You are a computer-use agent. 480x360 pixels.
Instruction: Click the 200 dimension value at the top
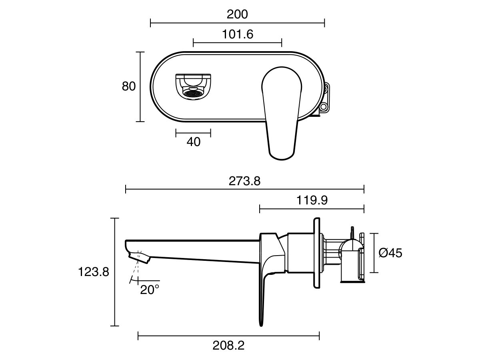pyautogui.click(x=237, y=14)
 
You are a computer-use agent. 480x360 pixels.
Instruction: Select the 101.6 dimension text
pyautogui.click(x=238, y=34)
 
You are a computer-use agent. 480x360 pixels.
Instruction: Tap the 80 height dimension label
pyautogui.click(x=129, y=86)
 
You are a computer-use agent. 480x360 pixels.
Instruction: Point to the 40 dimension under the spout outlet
pyautogui.click(x=194, y=142)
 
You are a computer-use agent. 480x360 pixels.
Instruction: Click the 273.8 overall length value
pyautogui.click(x=245, y=181)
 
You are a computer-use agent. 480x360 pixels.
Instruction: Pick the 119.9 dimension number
pyautogui.click(x=312, y=200)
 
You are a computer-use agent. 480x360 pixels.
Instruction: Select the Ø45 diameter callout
pyautogui.click(x=390, y=253)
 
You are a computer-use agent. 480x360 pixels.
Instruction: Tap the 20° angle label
pyautogui.click(x=150, y=290)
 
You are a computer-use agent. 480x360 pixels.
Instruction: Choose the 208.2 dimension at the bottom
pyautogui.click(x=229, y=345)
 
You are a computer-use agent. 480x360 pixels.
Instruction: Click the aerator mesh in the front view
pyautogui.click(x=192, y=93)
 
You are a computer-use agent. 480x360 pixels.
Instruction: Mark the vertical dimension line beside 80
pyautogui.click(x=140, y=86)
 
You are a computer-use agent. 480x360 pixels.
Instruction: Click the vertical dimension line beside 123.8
pyautogui.click(x=115, y=272)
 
